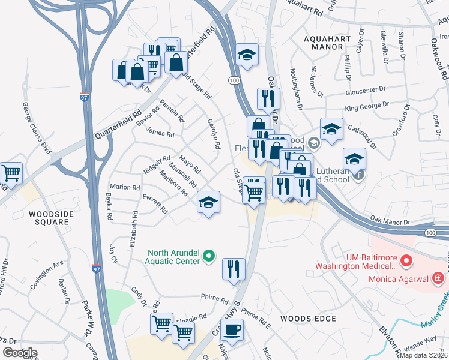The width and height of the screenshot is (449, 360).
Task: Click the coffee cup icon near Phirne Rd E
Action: click(x=232, y=329)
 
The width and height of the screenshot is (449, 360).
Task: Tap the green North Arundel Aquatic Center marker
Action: click(x=209, y=256)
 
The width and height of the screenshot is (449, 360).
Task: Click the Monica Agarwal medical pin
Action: click(x=438, y=278)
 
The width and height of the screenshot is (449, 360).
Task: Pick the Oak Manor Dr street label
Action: click(x=390, y=221)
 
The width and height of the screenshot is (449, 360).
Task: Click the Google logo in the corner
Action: click(x=20, y=352)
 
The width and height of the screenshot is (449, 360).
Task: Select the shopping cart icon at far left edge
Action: click(x=11, y=173)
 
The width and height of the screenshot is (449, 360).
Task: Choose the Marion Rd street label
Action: click(x=124, y=187)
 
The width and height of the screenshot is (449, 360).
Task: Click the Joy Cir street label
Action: click(x=114, y=250)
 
